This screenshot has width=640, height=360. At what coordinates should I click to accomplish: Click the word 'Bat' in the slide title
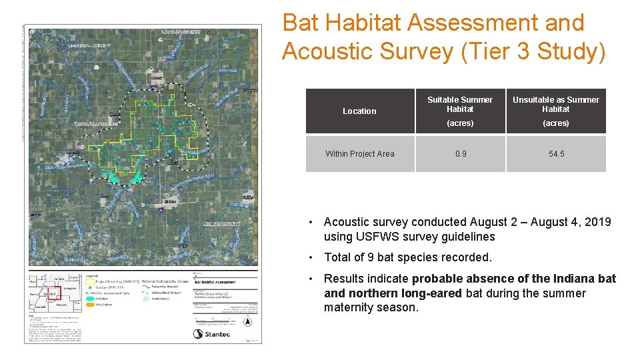pyautogui.click(x=300, y=23)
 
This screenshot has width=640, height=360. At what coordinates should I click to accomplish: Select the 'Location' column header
pyautogui.click(x=359, y=111)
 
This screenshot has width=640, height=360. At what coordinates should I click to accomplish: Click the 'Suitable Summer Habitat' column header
pyautogui.click(x=460, y=105)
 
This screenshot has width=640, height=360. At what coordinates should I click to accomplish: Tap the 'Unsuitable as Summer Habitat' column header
pyautogui.click(x=555, y=105)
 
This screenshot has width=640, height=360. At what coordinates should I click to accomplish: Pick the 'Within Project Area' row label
pyautogui.click(x=359, y=154)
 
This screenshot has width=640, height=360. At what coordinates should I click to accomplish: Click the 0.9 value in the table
pyautogui.click(x=461, y=154)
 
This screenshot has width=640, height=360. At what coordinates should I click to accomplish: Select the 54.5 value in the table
pyautogui.click(x=556, y=154)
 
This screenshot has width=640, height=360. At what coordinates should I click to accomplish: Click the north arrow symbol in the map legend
pyautogui.click(x=248, y=323)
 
